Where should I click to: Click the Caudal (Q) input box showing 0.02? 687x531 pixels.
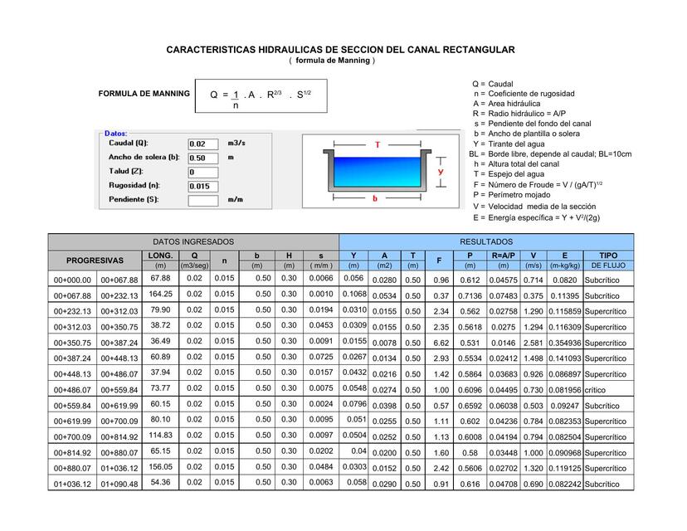[202, 144]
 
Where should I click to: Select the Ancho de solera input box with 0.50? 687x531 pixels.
[202, 158]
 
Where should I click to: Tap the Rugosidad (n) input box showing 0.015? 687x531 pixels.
[202, 186]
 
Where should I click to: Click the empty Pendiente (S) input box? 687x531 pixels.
[202, 200]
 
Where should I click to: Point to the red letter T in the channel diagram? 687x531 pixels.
[376, 144]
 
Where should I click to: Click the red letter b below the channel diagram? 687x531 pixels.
[375, 199]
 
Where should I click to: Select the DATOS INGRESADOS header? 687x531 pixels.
[193, 241]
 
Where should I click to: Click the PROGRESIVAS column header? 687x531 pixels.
[95, 260]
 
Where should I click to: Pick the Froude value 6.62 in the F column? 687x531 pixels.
[441, 343]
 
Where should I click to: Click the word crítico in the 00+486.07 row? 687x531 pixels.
[595, 390]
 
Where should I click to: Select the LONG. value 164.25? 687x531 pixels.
[160, 295]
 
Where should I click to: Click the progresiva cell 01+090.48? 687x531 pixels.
[119, 484]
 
